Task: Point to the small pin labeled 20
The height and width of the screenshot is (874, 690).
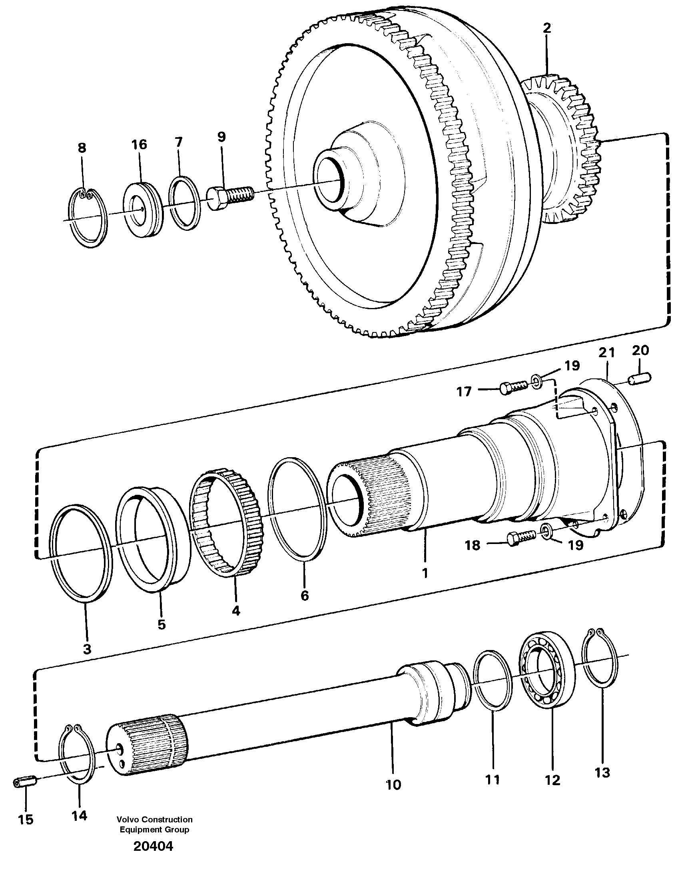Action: pos(640,378)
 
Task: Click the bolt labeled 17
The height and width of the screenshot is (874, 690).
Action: pos(513,387)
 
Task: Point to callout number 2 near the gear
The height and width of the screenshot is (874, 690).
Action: pos(546,28)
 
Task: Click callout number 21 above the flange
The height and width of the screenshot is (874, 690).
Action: pos(606,352)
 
